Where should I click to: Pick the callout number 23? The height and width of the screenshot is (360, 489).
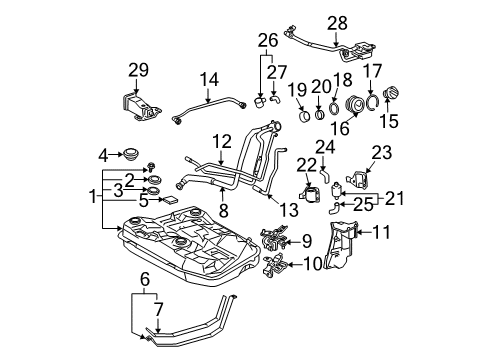click(383, 153)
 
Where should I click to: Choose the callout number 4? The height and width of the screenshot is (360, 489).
click(104, 155)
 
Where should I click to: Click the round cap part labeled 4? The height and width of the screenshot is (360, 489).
click(129, 154)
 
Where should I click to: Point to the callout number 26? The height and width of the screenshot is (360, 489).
click(264, 41)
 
